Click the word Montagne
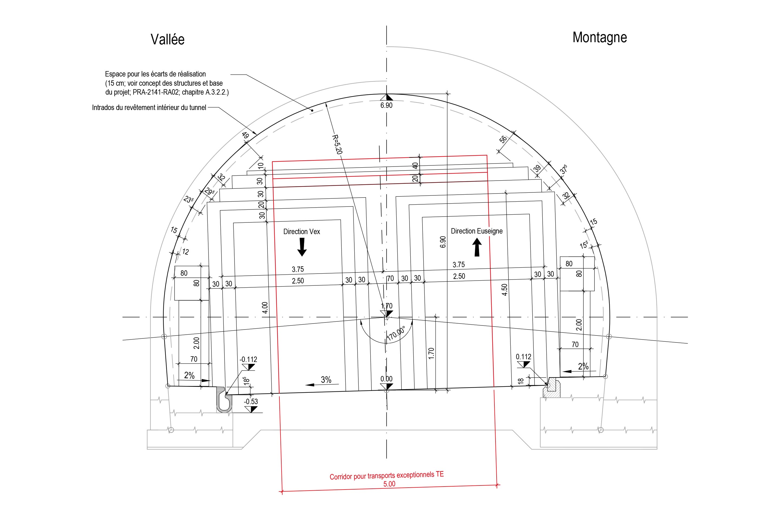click(599, 37)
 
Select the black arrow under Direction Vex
click(302, 248)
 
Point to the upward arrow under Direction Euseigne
click(477, 247)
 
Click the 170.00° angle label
click(396, 334)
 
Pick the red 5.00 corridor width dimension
click(389, 484)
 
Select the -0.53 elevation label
click(251, 401)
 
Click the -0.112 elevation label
click(248, 360)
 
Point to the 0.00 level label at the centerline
click(386, 379)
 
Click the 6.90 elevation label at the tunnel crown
click(386, 105)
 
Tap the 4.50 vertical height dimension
click(504, 290)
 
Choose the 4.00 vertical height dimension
click(265, 308)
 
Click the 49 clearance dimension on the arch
click(245, 135)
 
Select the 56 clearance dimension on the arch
click(503, 140)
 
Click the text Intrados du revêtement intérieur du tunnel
click(149, 108)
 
